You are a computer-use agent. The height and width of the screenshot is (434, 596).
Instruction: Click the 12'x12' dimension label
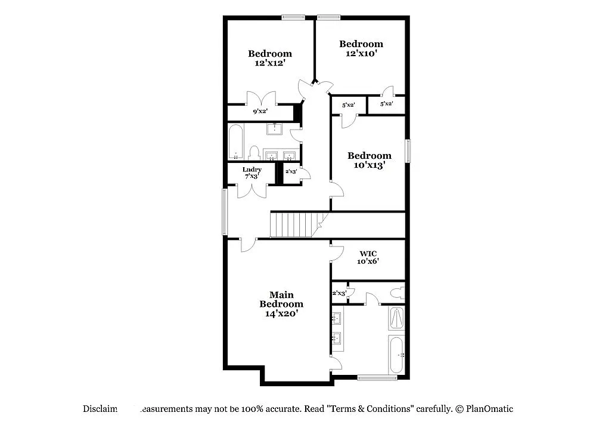click(x=270, y=62)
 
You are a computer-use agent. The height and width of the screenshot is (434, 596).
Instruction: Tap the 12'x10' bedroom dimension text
click(x=361, y=53)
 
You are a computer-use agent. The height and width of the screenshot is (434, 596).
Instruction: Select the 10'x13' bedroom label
click(x=370, y=165)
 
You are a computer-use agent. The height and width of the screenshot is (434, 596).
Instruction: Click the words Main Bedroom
click(x=281, y=299)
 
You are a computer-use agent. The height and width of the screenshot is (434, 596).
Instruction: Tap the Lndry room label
click(x=252, y=170)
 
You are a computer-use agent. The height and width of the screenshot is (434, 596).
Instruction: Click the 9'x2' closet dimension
click(x=260, y=111)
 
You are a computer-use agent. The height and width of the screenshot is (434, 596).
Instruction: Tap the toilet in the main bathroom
click(x=397, y=294)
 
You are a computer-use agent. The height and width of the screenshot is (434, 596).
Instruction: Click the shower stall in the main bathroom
click(x=396, y=319)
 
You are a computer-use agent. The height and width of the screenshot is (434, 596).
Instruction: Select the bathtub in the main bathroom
click(x=396, y=355)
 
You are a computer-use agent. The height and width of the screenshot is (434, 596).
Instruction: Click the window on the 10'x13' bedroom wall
click(x=408, y=150)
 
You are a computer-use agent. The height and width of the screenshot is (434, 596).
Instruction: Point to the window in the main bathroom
click(x=377, y=377)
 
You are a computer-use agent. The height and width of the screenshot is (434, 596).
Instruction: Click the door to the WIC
click(x=336, y=252)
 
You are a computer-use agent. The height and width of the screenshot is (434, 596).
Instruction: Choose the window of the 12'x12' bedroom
click(x=293, y=17)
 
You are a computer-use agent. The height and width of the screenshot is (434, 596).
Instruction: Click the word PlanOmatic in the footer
click(x=489, y=409)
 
